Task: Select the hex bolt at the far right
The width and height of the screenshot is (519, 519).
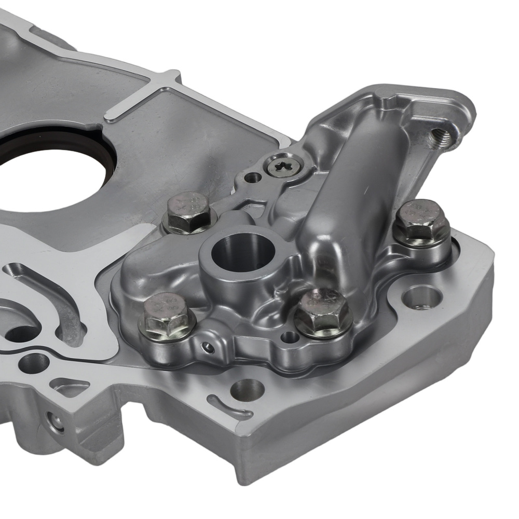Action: point(421,222)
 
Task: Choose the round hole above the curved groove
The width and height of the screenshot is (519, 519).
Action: point(247,389)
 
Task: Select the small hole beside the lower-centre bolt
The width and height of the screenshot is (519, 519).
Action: point(289,338)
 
